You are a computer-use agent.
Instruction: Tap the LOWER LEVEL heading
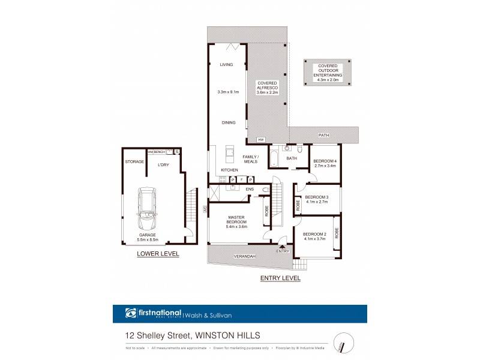tap(158, 254)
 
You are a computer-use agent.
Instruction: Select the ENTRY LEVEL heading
tap(280, 278)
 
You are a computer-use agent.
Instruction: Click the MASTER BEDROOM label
tap(237, 220)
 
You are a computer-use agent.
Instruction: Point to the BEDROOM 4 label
tap(324, 161)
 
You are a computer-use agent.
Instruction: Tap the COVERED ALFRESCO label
tap(268, 88)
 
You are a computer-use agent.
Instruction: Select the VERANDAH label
tap(246, 257)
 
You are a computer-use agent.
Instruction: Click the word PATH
tap(324, 135)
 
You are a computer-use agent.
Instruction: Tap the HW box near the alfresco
tap(260, 140)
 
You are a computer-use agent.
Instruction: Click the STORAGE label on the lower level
tap(134, 162)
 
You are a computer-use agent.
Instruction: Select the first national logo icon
tap(131, 313)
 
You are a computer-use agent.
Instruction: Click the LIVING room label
tap(226, 64)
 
